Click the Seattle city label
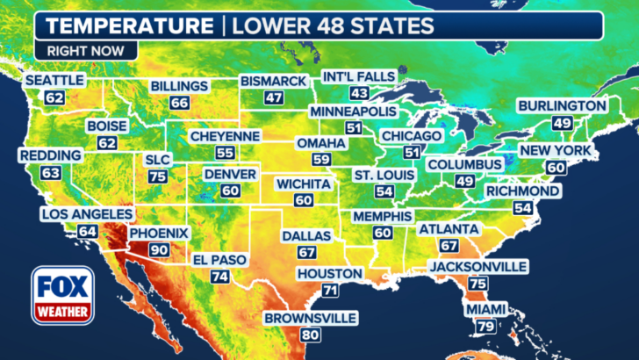coord(54,80)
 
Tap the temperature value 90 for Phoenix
coord(159,249)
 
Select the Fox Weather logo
coord(63,296)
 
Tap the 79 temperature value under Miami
coord(485,327)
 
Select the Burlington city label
coord(562,106)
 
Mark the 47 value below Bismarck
coord(275,97)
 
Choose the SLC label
coord(158,160)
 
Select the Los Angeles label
coord(86,214)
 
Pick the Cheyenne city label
coord(226,136)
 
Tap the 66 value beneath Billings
coord(179,103)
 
